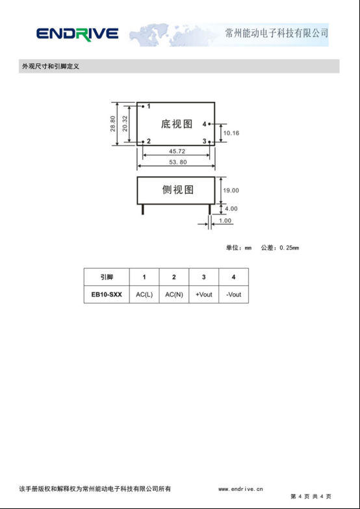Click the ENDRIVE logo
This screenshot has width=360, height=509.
(77, 34)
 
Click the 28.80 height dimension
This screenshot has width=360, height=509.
(113, 124)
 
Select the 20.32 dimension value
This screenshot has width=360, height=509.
(125, 124)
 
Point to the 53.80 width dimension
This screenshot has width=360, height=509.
(178, 162)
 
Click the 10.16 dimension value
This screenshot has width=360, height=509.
(231, 133)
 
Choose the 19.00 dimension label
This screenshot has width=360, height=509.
(231, 190)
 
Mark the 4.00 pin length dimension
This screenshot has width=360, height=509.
(231, 209)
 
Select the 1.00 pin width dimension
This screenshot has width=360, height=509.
(225, 221)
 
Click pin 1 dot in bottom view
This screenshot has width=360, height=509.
(143, 106)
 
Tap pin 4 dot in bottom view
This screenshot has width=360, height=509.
(209, 124)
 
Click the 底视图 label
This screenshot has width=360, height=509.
(177, 124)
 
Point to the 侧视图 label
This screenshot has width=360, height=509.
(178, 190)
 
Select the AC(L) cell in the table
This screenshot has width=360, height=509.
(144, 294)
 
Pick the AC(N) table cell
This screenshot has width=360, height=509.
(174, 294)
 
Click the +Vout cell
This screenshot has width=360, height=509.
(204, 294)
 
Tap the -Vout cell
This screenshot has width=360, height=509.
(234, 294)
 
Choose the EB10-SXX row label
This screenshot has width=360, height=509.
(107, 294)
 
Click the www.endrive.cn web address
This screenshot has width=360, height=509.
(240, 489)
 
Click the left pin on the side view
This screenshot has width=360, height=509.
(142, 209)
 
